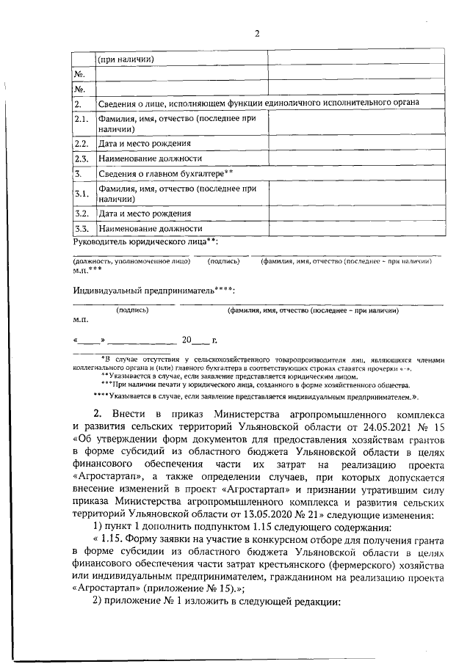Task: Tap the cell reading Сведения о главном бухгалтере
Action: point(165,173)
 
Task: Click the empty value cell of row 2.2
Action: point(355,143)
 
